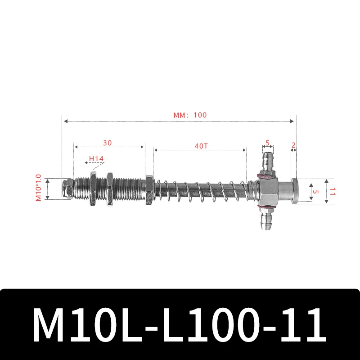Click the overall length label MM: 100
click(190, 115)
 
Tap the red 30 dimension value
click(107, 143)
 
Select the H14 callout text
click(96, 158)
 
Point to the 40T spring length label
click(201, 146)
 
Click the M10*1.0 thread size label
click(38, 188)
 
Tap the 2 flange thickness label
click(293, 145)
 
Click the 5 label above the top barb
click(267, 143)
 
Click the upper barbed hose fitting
click(267, 162)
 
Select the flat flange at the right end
click(295, 191)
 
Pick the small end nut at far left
click(68, 189)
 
